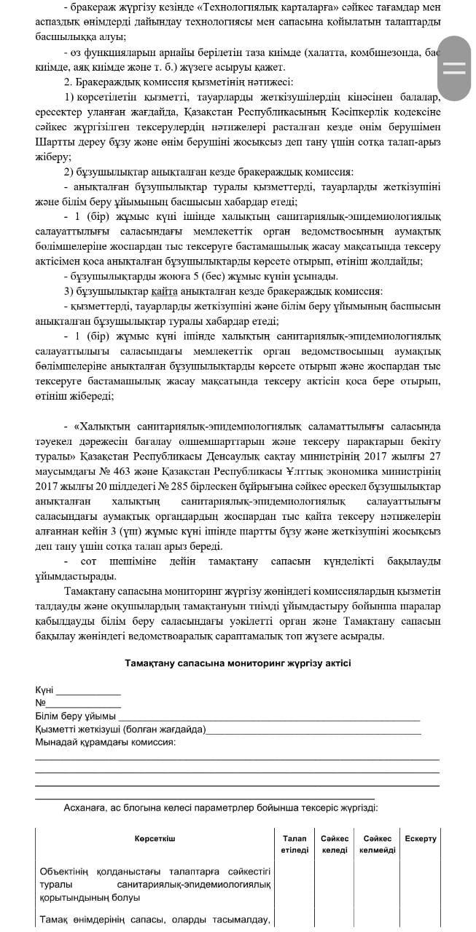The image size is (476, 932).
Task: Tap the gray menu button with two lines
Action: point(454,68)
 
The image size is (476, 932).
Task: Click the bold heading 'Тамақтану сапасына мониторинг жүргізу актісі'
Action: point(238,663)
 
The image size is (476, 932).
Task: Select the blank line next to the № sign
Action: point(83,704)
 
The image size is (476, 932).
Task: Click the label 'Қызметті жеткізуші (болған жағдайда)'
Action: point(120,730)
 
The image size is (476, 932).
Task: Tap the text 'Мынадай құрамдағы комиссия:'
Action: point(105,743)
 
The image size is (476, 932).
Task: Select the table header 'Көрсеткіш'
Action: point(155,839)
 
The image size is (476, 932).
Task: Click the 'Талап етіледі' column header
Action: point(294,845)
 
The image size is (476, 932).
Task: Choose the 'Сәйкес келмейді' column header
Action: point(377,845)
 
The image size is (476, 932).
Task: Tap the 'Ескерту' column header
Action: point(421,839)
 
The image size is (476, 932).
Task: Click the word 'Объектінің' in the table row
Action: point(63,870)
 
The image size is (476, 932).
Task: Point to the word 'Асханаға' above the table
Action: point(85,807)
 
